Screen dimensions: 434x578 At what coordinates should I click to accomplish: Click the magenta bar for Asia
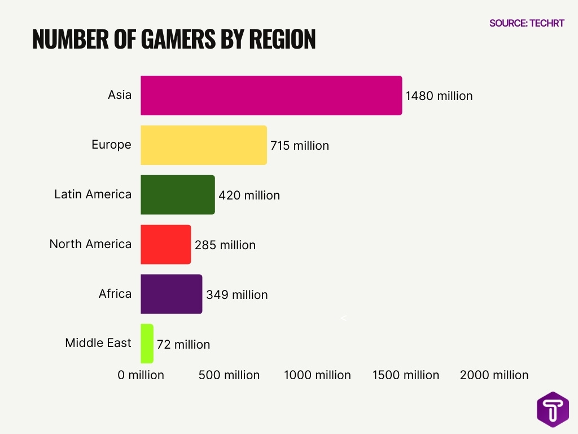click(x=271, y=96)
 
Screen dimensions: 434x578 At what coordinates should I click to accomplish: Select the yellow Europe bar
click(x=203, y=145)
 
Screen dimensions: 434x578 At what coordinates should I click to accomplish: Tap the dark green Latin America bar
click(x=177, y=195)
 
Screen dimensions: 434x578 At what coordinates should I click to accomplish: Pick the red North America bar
click(x=165, y=245)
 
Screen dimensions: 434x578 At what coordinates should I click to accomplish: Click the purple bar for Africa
click(x=171, y=294)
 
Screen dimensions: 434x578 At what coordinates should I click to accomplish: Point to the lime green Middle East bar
click(x=147, y=344)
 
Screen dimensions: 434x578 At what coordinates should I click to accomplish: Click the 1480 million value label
click(x=439, y=96)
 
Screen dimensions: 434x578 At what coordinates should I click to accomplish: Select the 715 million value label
click(x=299, y=146)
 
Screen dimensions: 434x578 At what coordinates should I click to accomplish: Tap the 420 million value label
click(x=249, y=196)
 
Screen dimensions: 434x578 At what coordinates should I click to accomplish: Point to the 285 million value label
click(x=225, y=245)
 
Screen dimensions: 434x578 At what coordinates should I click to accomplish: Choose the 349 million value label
click(x=237, y=295)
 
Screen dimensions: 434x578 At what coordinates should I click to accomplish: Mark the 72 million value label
click(x=183, y=345)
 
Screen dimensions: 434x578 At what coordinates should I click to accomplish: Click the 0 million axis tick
click(x=141, y=375)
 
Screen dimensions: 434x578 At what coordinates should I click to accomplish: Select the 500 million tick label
click(x=229, y=375)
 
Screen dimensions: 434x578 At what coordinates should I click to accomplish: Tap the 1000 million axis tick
click(x=317, y=375)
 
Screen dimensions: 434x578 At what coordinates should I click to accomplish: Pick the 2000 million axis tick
click(x=494, y=375)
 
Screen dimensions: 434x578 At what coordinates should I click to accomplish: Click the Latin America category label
click(x=93, y=194)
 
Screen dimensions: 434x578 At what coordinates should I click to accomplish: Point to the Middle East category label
click(x=98, y=343)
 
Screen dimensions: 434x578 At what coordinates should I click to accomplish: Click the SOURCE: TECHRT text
click(x=526, y=23)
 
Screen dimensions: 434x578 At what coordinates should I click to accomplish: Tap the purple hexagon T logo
click(x=553, y=409)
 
